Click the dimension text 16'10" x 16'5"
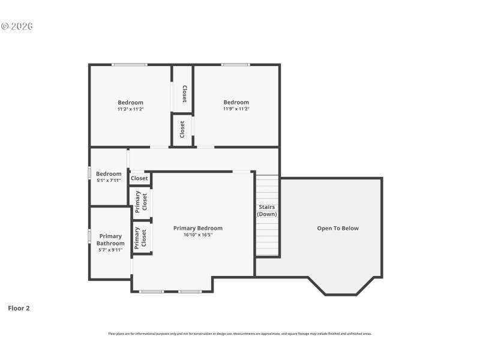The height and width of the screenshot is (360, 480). click(x=198, y=235)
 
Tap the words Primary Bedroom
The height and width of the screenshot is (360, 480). click(x=198, y=228)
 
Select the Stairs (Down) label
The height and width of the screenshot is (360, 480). click(x=267, y=211)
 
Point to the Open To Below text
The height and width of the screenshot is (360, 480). click(x=338, y=228)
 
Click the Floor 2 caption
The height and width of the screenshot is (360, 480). click(x=19, y=308)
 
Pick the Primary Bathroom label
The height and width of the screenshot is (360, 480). click(x=110, y=240)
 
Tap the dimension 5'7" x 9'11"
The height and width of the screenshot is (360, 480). click(x=110, y=250)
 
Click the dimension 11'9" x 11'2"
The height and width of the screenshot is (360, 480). click(x=236, y=109)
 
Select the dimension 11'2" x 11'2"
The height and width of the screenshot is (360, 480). click(x=130, y=109)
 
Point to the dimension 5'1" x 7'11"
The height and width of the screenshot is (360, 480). click(x=109, y=181)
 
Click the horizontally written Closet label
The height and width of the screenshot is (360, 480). click(x=139, y=178)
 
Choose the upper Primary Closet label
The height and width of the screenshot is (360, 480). click(x=140, y=202)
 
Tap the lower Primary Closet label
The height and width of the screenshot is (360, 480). click(x=140, y=237)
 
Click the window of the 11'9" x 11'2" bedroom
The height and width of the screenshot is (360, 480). click(x=235, y=65)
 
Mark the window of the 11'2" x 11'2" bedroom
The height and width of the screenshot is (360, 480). click(x=129, y=65)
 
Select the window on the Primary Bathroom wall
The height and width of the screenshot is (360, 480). click(x=89, y=235)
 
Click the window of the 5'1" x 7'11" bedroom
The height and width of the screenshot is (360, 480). click(x=89, y=172)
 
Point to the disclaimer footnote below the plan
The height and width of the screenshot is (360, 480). click(x=240, y=334)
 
